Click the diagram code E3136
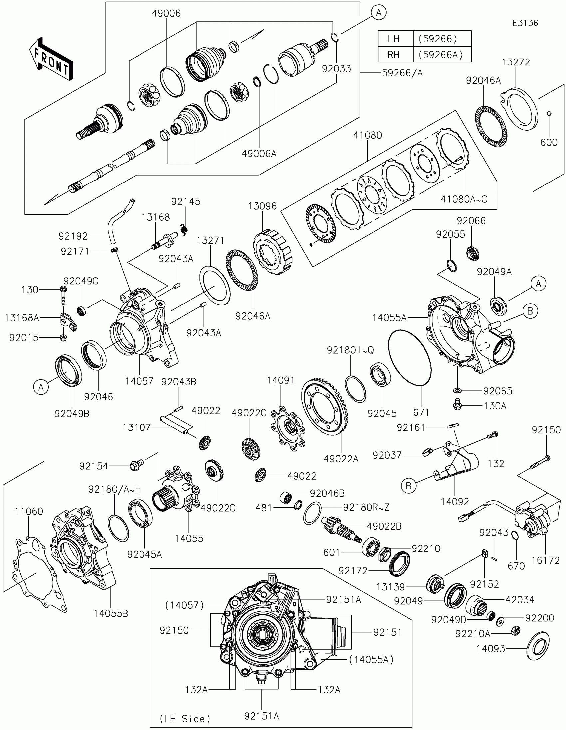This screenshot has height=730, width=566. pyautogui.click(x=525, y=23)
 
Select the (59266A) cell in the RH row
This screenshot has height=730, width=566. pyautogui.click(x=441, y=55)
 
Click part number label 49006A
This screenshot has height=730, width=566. pyautogui.click(x=259, y=154)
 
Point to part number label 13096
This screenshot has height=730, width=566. pyautogui.click(x=262, y=206)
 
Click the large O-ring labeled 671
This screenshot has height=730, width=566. pyautogui.click(x=410, y=357)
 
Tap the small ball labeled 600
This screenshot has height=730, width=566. pyautogui.click(x=549, y=114)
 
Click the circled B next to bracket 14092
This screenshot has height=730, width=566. pyautogui.click(x=408, y=486)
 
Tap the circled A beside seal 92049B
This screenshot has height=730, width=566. pyautogui.click(x=41, y=387)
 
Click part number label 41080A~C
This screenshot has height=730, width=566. pyautogui.click(x=464, y=199)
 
